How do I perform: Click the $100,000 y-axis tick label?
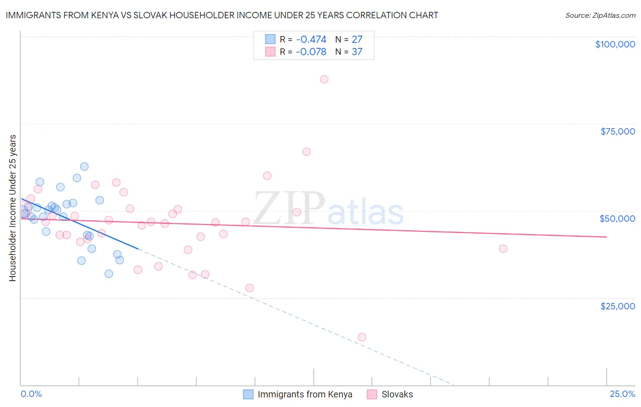click(x=615, y=44)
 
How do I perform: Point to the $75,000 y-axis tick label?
click(x=618, y=131)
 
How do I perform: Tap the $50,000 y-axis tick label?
click(x=617, y=219)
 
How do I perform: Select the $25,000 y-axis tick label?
click(x=618, y=306)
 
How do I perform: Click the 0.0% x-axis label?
click(x=31, y=394)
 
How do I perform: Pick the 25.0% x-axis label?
click(x=622, y=394)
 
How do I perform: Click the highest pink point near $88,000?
click(x=324, y=79)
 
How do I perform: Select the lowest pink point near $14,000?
click(x=362, y=337)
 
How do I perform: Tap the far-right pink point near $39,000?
click(x=503, y=249)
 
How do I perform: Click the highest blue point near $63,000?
click(x=84, y=167)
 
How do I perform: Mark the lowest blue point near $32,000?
click(x=109, y=274)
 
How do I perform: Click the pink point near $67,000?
click(x=306, y=152)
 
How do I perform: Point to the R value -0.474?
click(x=311, y=40)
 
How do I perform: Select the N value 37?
click(x=357, y=52)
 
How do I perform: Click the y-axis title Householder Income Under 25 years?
click(x=13, y=208)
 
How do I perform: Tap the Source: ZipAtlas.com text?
click(x=600, y=16)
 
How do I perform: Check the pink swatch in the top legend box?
click(x=270, y=52)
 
